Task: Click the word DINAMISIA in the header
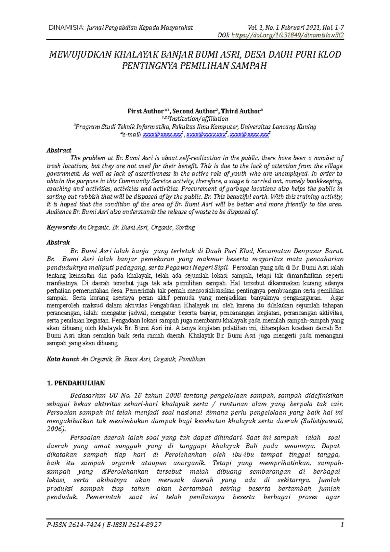66,28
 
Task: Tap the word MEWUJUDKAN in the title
80,55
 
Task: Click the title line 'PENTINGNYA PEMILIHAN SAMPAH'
194,66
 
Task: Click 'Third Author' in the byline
240,111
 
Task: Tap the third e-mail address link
249,135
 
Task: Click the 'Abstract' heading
59,150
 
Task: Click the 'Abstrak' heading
58,243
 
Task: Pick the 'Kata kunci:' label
63,359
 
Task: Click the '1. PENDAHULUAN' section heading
76,383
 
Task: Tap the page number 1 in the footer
342,525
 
